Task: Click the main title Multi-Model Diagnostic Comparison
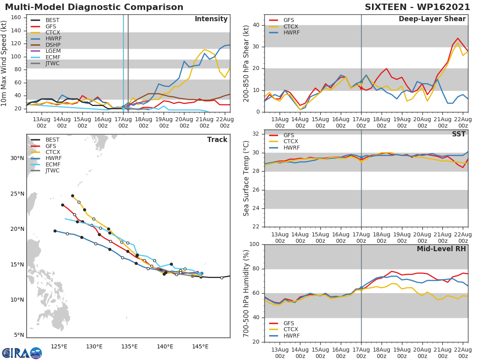pyautogui.click(x=94, y=7)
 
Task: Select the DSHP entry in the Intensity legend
pyautogui.click(x=53, y=45)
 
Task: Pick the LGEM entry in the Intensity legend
pyautogui.click(x=53, y=51)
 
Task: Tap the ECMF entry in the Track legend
pyautogui.click(x=53, y=164)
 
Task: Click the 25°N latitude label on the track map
pyautogui.click(x=17, y=194)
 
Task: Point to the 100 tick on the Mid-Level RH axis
pyautogui.click(x=254, y=244)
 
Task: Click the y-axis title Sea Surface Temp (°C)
pyautogui.click(x=246, y=178)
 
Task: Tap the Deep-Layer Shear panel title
pyautogui.click(x=432, y=19)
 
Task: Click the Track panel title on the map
pyautogui.click(x=217, y=140)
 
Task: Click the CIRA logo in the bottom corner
pyautogui.click(x=22, y=353)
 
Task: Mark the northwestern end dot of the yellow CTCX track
pyautogui.click(x=72, y=196)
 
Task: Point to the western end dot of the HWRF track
pyautogui.click(x=55, y=231)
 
